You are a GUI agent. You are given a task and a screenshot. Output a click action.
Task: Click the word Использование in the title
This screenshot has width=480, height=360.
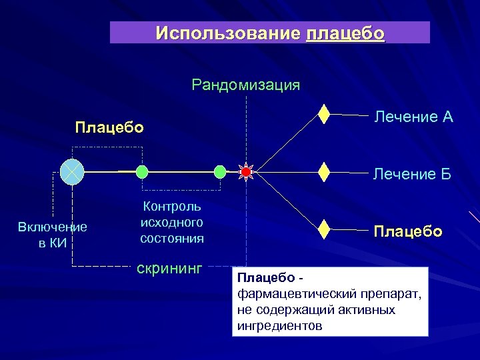click(229, 33)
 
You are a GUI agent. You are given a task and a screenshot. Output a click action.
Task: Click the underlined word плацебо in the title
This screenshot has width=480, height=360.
click(345, 33)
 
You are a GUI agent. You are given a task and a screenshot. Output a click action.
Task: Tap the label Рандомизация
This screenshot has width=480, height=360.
click(245, 85)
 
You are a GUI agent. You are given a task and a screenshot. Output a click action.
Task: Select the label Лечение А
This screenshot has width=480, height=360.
click(413, 117)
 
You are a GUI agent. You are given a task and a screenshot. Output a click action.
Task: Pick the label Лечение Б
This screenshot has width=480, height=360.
click(412, 175)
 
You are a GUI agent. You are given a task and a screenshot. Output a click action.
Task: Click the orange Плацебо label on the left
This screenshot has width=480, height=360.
click(109, 127)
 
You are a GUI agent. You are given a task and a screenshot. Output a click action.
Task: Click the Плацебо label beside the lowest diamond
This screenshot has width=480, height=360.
click(407, 231)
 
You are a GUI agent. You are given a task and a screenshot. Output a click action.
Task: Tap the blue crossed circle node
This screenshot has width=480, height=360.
click(71, 171)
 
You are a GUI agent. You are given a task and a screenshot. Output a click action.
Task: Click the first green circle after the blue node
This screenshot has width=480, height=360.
click(142, 172)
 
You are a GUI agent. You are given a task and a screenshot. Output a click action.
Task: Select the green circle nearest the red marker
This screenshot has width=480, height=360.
click(220, 172)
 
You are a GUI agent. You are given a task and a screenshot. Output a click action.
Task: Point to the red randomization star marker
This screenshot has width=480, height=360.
click(245, 172)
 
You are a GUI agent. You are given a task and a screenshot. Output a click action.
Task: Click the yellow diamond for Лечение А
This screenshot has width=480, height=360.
click(324, 114)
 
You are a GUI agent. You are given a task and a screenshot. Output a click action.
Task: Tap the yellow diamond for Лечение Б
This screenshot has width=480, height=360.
click(324, 171)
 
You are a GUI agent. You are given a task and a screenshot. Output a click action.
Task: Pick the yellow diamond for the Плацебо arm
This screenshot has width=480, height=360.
click(324, 229)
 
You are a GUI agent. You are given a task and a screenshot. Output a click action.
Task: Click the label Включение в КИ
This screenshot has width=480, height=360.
click(53, 235)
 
